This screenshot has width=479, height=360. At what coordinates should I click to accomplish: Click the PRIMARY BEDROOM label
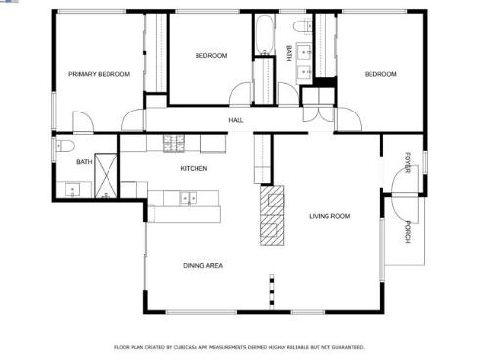[98, 74]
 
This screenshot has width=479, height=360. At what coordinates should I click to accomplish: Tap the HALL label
[236, 120]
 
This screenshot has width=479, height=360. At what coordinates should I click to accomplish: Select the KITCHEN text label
[194, 169]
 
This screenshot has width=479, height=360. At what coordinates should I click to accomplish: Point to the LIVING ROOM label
[329, 216]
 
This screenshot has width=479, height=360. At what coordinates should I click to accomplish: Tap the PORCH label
[408, 233]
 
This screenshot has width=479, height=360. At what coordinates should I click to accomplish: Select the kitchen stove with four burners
[173, 143]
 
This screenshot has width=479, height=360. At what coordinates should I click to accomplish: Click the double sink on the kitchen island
[186, 199]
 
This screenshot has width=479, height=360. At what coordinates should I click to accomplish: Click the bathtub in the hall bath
[265, 36]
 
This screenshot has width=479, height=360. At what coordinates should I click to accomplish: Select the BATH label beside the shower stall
[84, 162]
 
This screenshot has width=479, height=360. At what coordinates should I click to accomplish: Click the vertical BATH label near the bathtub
[288, 55]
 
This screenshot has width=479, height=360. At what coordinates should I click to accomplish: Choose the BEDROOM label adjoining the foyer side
[380, 74]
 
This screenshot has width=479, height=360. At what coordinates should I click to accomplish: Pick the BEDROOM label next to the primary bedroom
[210, 56]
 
